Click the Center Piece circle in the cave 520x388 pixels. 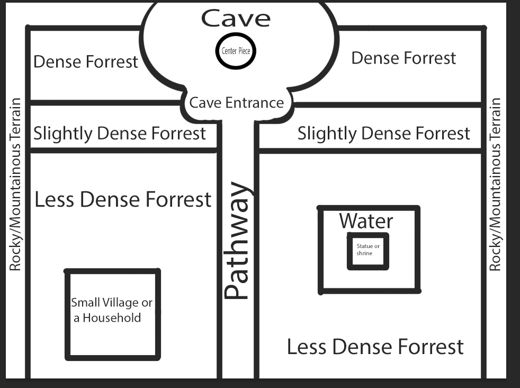point(236,51)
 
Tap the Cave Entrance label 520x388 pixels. point(237,102)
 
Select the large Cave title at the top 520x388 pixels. point(236,18)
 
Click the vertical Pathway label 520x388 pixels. point(238,240)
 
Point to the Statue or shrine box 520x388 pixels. point(368,251)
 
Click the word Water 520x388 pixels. point(366,221)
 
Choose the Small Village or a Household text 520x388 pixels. point(111,310)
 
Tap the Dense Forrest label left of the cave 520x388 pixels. point(86,61)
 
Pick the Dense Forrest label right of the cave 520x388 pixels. point(404,58)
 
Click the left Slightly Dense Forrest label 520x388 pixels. point(120,134)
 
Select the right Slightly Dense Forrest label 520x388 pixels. point(384,134)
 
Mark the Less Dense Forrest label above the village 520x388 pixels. point(123,199)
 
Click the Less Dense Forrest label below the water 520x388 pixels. point(375,347)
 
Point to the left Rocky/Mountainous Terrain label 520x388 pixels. point(15,184)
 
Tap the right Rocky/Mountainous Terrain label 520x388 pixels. point(495,184)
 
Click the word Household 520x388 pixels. point(112,318)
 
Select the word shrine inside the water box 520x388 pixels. point(364,253)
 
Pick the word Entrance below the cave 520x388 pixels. point(255,102)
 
